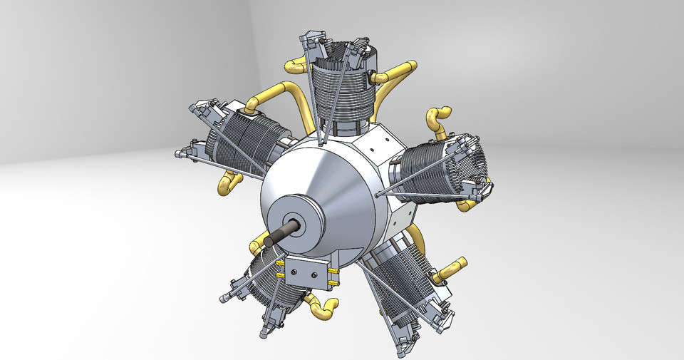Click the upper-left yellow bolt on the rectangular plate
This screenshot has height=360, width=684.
[281, 262]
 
